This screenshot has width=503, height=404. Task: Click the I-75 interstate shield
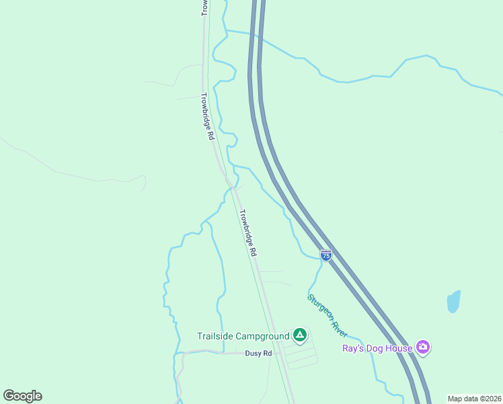[326, 255]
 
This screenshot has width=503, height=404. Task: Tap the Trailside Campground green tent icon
[300, 335]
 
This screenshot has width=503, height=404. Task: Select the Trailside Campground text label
[243, 336]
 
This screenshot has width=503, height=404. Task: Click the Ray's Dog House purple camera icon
[423, 347]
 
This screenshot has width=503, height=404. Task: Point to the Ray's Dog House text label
[377, 348]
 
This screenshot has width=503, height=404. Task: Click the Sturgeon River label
[327, 315]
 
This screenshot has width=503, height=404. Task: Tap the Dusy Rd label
[258, 353]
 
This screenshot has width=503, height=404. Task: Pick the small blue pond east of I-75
[454, 301]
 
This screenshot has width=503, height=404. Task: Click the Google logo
[22, 396]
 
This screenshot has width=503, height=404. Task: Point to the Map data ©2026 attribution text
[474, 399]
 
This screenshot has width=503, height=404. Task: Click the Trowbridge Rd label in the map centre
[247, 232]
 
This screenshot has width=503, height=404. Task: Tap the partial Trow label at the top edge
[204, 7]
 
